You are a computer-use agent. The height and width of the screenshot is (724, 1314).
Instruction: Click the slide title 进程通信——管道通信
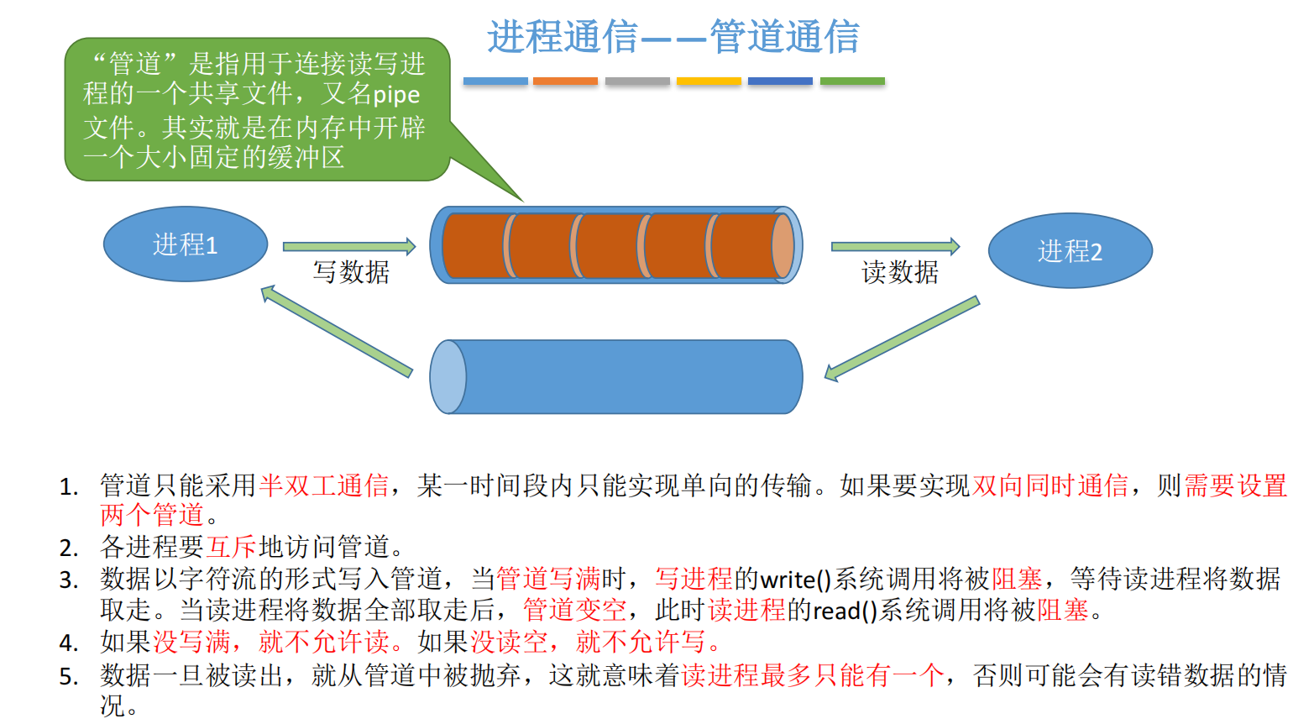coord(673,38)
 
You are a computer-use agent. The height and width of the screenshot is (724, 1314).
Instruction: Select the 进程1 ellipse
coord(186,244)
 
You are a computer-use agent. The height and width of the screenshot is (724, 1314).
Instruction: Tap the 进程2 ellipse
coord(1070,250)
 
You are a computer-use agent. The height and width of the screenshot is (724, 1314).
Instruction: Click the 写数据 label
coord(351,272)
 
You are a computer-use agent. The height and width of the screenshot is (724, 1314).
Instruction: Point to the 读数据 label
coord(900,272)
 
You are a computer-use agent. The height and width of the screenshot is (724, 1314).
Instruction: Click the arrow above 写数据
coord(348,246)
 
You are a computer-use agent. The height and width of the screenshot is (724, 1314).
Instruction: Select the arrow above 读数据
coord(895,246)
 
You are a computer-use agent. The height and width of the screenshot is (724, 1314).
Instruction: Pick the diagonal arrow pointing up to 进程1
coord(336,331)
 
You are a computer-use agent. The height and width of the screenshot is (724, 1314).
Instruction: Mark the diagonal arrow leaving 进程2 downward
coord(902,338)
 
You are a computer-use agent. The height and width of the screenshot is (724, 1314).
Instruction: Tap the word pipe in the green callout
coord(396,95)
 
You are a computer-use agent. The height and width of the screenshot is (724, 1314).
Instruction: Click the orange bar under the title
coord(565,81)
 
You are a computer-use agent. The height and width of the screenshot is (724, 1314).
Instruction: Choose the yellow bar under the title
coord(709,81)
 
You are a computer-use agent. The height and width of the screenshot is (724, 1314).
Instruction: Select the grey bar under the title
coord(637,81)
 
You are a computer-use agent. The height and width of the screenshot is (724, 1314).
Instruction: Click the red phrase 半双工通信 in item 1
coord(324,485)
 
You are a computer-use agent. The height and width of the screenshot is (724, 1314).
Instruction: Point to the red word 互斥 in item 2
coord(231,547)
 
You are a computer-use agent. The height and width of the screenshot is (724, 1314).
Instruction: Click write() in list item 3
coord(795,580)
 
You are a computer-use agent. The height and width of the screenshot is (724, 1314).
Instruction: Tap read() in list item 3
coord(845,611)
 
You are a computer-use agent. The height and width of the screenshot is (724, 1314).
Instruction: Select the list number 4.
coord(68,643)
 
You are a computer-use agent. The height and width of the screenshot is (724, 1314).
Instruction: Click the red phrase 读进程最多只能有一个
coord(813,675)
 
